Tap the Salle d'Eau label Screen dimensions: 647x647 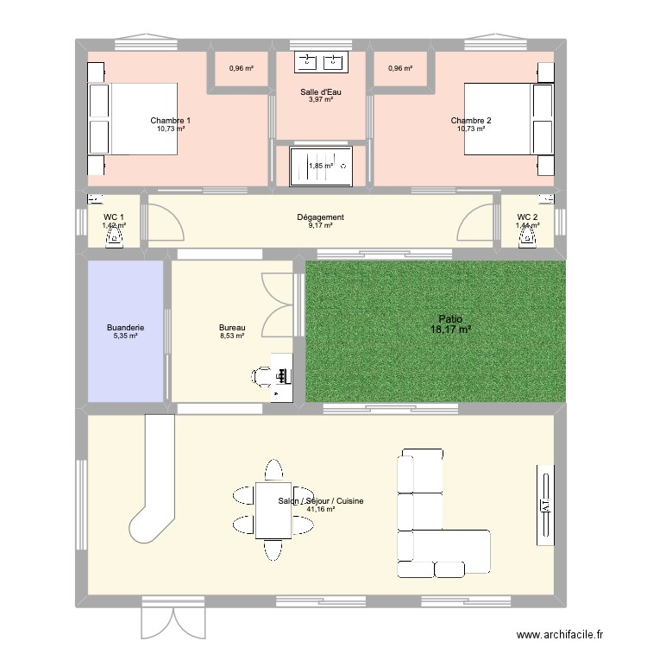click(320, 92)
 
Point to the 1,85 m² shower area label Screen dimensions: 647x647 click(320, 166)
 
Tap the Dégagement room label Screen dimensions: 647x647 click(320, 217)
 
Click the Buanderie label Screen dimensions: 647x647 click(126, 328)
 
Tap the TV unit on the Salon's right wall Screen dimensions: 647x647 click(545, 505)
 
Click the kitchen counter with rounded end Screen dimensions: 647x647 click(158, 483)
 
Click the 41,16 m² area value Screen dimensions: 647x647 click(320, 509)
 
